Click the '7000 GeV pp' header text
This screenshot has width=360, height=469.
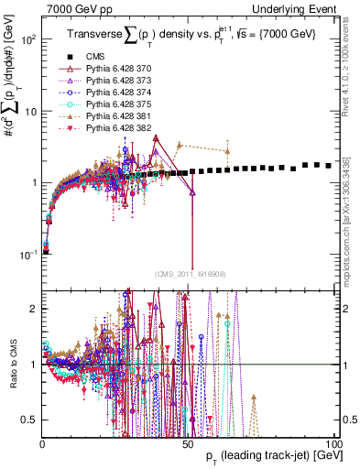pos(75,8)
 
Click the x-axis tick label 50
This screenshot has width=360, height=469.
pos(189,444)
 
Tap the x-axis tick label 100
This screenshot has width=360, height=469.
pos(333,444)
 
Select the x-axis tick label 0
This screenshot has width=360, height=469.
pos(43,444)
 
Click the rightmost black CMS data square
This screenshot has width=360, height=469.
pos(330,166)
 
